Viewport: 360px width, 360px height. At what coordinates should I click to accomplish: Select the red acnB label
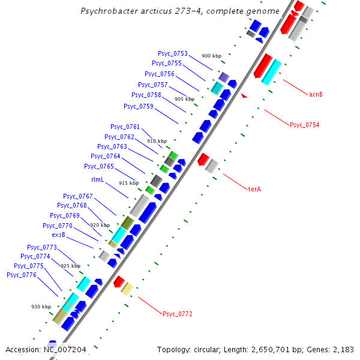pyautogui.click(x=316, y=94)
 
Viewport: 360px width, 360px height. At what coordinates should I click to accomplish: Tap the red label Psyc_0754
pyautogui.click(x=304, y=125)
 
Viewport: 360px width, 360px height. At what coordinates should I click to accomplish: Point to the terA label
pyautogui.click(x=255, y=189)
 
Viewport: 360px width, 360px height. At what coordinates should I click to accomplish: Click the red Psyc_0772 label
pyautogui.click(x=177, y=314)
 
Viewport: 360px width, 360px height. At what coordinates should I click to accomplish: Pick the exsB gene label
pyautogui.click(x=58, y=235)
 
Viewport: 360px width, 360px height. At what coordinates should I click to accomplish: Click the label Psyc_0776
pyautogui.click(x=22, y=275)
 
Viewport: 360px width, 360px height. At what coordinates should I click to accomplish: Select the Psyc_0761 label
pyautogui.click(x=125, y=127)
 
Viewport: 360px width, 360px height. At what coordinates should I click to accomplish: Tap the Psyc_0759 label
pyautogui.click(x=138, y=106)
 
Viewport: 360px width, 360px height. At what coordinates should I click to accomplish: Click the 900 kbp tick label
pyautogui.click(x=211, y=56)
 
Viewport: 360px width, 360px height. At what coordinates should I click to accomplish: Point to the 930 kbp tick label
pyautogui.click(x=41, y=307)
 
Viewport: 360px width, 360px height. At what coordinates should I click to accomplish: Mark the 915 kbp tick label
pyautogui.click(x=128, y=183)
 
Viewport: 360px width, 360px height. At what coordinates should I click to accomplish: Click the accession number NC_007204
pyautogui.click(x=64, y=349)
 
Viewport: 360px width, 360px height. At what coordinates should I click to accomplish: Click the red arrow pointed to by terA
pyautogui.click(x=203, y=160)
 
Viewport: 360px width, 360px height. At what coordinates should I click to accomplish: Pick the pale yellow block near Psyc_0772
pyautogui.click(x=127, y=289)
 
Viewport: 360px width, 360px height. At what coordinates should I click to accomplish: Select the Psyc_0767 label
pyautogui.click(x=78, y=196)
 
